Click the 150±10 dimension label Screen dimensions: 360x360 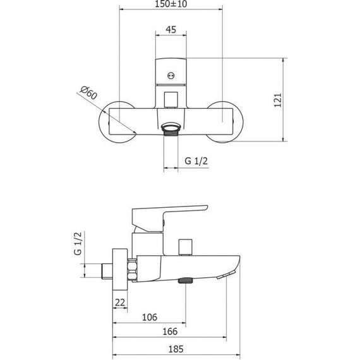[x=171, y=4]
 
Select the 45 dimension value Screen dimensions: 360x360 [x=171, y=30]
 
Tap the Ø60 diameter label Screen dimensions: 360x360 [x=88, y=92]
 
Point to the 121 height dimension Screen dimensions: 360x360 [x=278, y=100]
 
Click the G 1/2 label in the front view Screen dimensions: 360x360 [x=196, y=161]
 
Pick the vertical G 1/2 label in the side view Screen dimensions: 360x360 [x=78, y=243]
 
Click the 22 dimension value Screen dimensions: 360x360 [x=120, y=303]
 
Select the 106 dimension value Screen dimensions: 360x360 [x=150, y=317]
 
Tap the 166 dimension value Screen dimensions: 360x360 [x=170, y=332]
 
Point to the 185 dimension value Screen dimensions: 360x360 [x=176, y=349]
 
